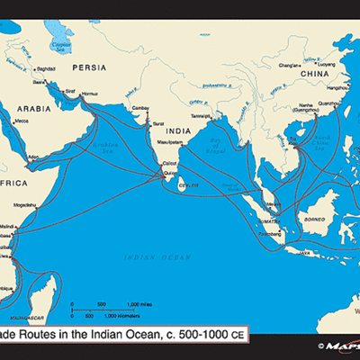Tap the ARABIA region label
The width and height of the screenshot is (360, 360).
35,108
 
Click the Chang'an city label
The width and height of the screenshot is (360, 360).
289,65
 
